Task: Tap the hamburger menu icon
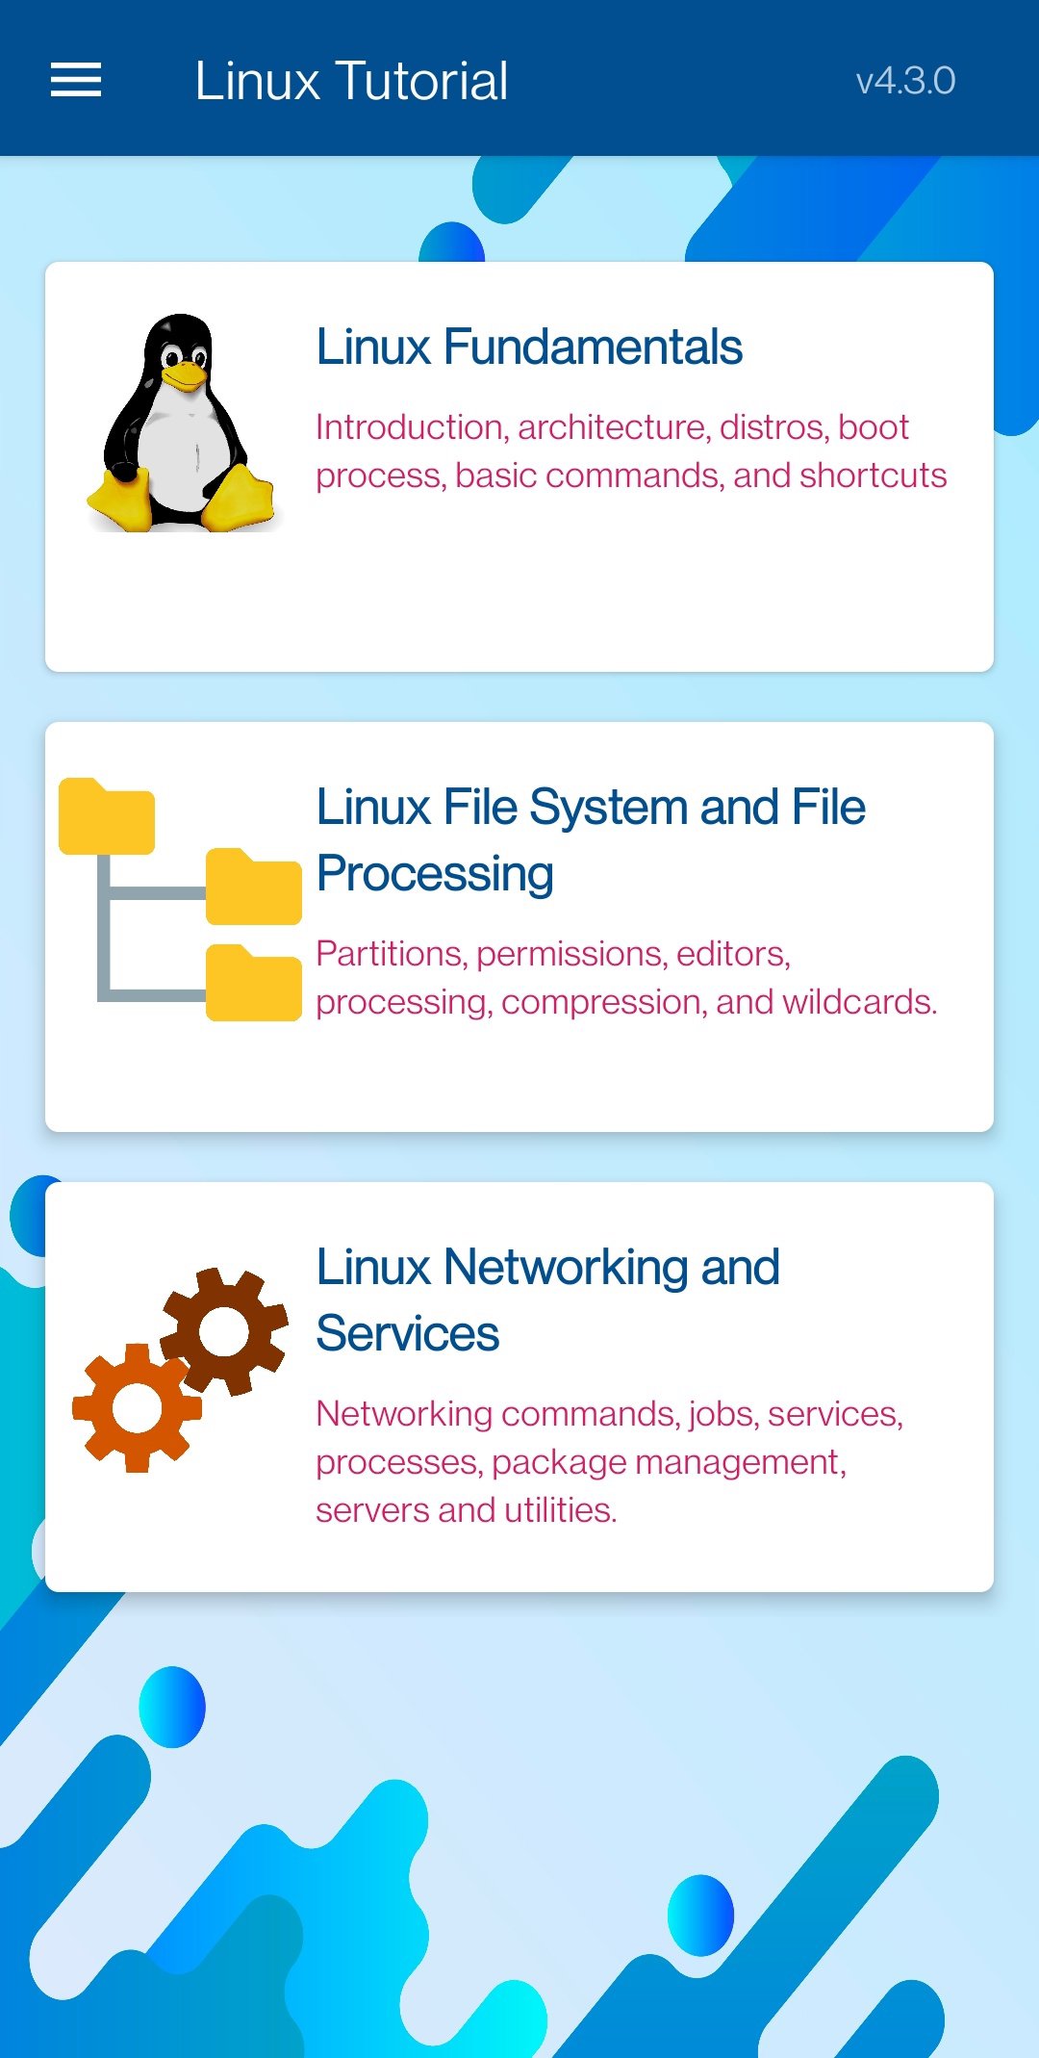(76, 80)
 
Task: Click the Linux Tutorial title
(351, 81)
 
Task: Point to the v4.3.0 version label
(905, 81)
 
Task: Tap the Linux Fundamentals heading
(529, 347)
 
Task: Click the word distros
(773, 426)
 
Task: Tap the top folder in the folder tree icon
(106, 817)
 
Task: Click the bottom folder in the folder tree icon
(253, 984)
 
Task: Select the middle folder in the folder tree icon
(253, 887)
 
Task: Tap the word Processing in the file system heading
(435, 874)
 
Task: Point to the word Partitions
(391, 954)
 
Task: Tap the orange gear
(137, 1407)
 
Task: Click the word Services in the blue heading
(408, 1334)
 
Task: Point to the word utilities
(560, 1510)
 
